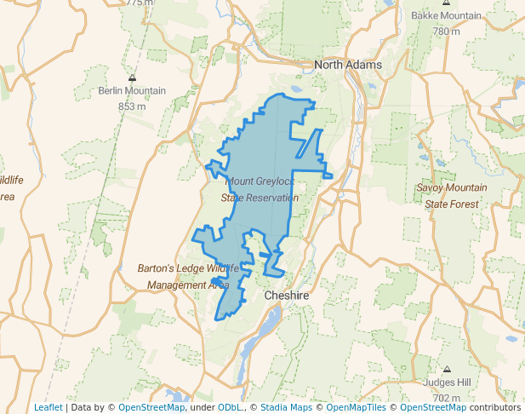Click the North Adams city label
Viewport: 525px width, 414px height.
point(348,65)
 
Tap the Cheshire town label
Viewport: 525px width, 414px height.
point(285,295)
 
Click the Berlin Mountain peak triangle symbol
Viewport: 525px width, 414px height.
point(132,78)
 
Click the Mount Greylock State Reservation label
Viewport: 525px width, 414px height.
point(260,189)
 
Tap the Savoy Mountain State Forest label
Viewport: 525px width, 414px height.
point(452,195)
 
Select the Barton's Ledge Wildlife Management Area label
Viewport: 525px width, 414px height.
point(182,276)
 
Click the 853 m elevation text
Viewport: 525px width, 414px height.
point(132,106)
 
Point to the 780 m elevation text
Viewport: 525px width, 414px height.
point(447,32)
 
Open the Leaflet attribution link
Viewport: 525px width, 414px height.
point(48,407)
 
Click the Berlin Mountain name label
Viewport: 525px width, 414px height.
point(132,91)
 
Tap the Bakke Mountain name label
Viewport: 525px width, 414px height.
point(447,16)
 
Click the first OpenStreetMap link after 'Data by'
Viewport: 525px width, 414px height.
point(151,407)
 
